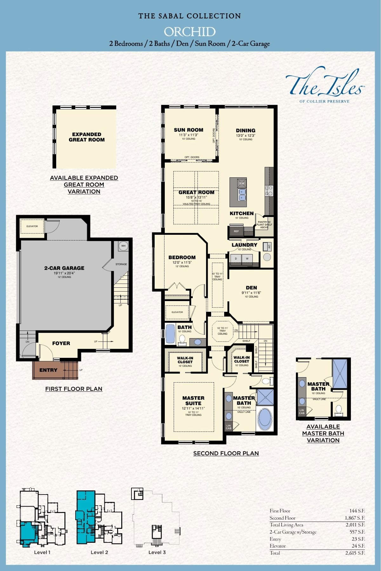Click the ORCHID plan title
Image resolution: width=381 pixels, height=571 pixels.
[190, 32]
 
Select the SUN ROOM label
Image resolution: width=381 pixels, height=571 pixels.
[188, 130]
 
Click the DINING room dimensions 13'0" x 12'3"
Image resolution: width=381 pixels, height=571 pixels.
[245, 135]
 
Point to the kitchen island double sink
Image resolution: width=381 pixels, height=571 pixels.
[242, 194]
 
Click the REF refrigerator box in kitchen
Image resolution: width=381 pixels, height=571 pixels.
[236, 231]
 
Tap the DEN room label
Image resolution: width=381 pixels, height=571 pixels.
[251, 288]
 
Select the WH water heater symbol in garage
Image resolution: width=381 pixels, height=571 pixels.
[123, 246]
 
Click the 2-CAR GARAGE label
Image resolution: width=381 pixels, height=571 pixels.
[64, 268]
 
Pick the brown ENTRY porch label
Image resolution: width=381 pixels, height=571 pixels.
[48, 370]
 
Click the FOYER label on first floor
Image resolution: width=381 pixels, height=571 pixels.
[61, 343]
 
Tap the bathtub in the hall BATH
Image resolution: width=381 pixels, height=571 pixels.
[170, 334]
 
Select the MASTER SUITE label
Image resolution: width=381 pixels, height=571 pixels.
[193, 400]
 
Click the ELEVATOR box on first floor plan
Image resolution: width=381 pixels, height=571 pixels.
[32, 226]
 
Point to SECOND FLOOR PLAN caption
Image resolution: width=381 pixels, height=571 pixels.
[226, 453]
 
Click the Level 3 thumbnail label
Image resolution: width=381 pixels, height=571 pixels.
[157, 552]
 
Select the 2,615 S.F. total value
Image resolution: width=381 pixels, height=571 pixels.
[355, 553]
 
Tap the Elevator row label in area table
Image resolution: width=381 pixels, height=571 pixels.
[277, 546]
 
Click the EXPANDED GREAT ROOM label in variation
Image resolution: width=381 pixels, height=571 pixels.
[87, 137]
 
